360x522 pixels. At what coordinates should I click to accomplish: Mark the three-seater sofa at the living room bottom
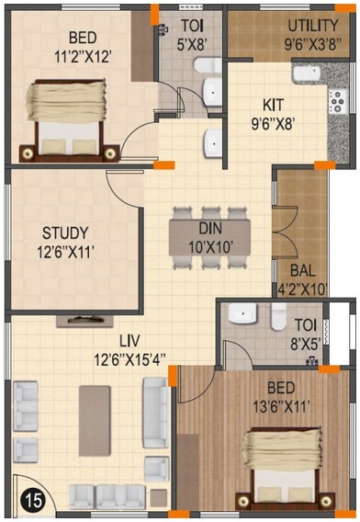tap(119, 498)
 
